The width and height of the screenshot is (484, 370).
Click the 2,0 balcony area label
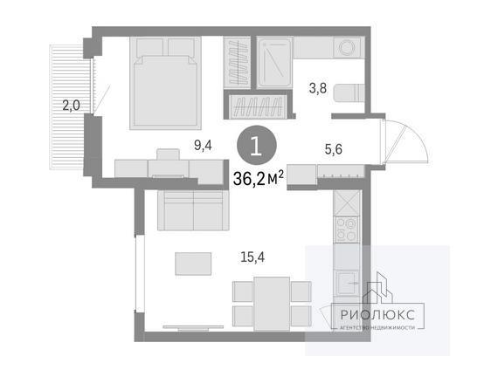(71, 106)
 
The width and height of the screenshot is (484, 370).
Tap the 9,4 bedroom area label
(203, 145)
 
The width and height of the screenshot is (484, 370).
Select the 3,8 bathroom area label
(318, 88)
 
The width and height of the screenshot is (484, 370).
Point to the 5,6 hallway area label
(334, 149)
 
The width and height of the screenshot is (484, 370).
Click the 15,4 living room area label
(252, 257)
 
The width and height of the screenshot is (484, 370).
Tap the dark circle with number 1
(257, 145)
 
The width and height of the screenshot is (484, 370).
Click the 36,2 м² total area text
(259, 179)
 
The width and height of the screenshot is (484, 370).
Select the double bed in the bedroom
(166, 83)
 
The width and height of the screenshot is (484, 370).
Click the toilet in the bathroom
(349, 92)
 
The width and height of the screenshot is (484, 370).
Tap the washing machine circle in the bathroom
(347, 47)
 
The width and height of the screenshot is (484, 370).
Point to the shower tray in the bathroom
(274, 63)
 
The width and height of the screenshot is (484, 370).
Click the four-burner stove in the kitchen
(347, 230)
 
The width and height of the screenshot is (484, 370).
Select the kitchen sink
(348, 283)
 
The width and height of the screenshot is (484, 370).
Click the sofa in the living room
(193, 210)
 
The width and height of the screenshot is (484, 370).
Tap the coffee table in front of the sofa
(193, 264)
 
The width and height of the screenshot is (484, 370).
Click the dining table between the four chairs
(272, 304)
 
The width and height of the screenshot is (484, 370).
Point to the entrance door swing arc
(412, 135)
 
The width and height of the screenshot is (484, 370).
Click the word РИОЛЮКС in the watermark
(377, 315)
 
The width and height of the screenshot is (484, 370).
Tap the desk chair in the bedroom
(169, 154)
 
